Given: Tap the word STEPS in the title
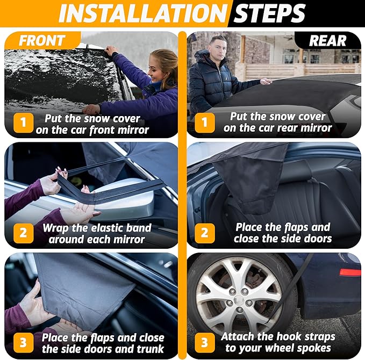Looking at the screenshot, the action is point(269,13).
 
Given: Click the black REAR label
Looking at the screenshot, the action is point(327,41).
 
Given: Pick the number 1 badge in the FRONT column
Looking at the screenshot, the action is point(23,123).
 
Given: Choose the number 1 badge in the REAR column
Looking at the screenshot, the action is point(205,123).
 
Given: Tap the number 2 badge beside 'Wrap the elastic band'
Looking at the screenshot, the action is point(23,233).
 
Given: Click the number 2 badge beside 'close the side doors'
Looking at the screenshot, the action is point(205,233).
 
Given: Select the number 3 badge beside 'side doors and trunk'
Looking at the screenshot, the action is point(23,343).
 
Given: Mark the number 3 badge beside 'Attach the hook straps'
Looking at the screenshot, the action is point(205,343).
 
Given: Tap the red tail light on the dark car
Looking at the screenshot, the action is point(350,272).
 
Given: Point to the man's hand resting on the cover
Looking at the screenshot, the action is point(266,81).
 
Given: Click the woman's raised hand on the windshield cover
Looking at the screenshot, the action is point(111,50).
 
